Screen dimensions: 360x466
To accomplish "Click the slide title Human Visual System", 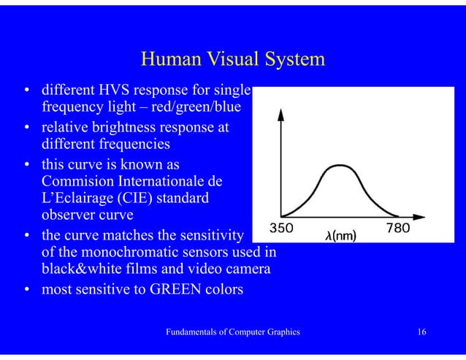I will (x=232, y=60).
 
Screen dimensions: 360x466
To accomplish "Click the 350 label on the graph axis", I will (x=282, y=228).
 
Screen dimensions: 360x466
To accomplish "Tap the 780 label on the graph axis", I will (x=397, y=228).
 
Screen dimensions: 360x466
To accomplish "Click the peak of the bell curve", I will (x=339, y=166).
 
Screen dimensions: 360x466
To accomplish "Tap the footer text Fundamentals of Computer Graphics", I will (x=233, y=333).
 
